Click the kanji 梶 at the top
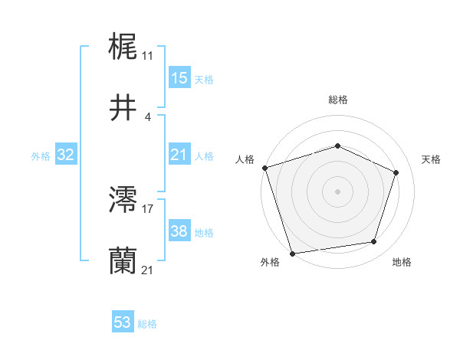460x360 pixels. point(123,48)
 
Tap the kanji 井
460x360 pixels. point(123,108)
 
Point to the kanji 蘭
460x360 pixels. point(123,260)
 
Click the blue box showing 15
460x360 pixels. point(179,78)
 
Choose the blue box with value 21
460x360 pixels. point(179,155)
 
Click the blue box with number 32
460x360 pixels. point(66,155)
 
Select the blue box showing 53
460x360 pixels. point(123,322)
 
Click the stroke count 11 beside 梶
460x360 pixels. point(147,56)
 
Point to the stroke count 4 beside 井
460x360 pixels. point(147,116)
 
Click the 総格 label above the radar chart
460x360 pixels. point(337,100)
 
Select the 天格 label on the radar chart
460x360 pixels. point(432,159)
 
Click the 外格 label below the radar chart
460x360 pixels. point(270,263)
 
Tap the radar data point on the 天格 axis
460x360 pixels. point(396,172)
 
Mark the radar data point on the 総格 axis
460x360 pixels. point(337,146)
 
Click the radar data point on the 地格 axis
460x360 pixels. point(374,242)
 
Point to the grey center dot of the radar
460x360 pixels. point(337,191)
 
